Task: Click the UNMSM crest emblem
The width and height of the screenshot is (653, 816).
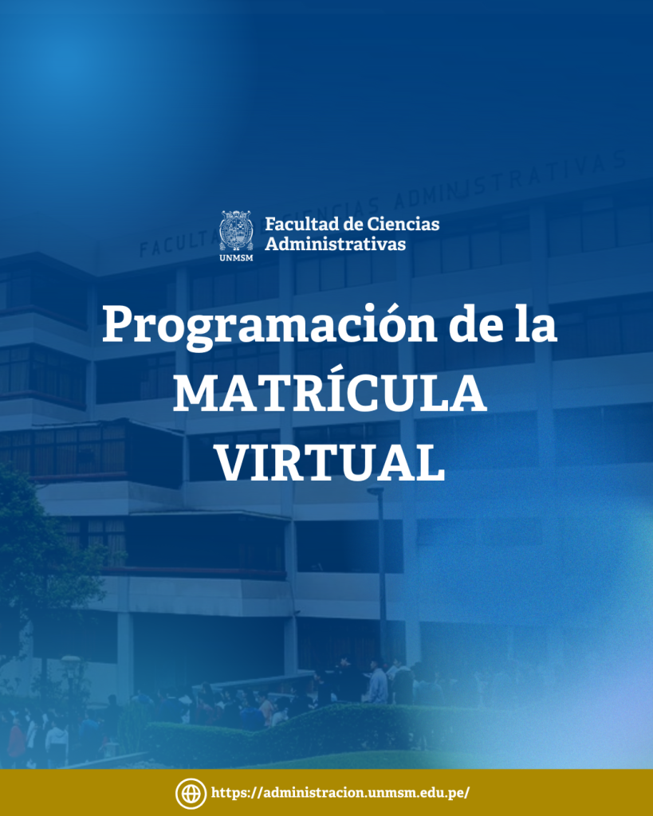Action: click(x=236, y=230)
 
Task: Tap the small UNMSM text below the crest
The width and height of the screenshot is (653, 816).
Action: click(x=236, y=257)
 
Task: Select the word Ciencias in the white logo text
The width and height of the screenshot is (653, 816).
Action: click(x=403, y=224)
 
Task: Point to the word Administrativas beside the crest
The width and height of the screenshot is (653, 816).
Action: click(x=336, y=244)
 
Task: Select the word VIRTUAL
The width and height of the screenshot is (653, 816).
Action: click(x=330, y=463)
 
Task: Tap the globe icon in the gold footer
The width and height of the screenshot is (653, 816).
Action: click(x=191, y=793)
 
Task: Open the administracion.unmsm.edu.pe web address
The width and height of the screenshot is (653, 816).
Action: click(x=340, y=793)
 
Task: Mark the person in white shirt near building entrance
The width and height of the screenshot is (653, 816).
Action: click(x=378, y=682)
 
